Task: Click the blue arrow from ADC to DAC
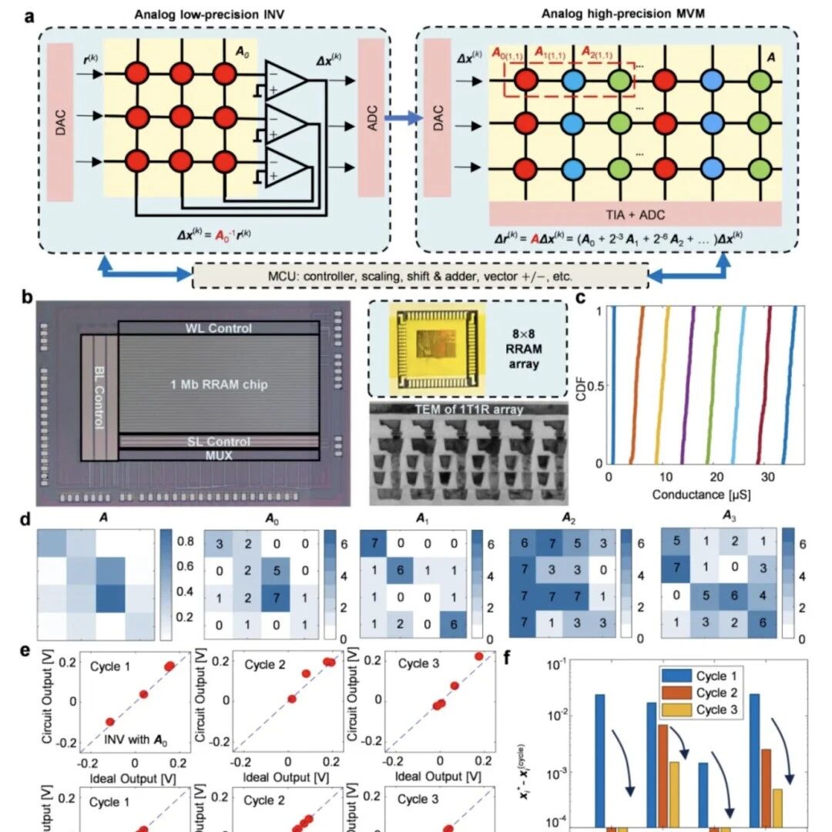tap(404, 118)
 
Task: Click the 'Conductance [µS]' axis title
tap(700, 494)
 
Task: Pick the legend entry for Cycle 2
tap(698, 693)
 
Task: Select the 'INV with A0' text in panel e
tap(136, 741)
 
